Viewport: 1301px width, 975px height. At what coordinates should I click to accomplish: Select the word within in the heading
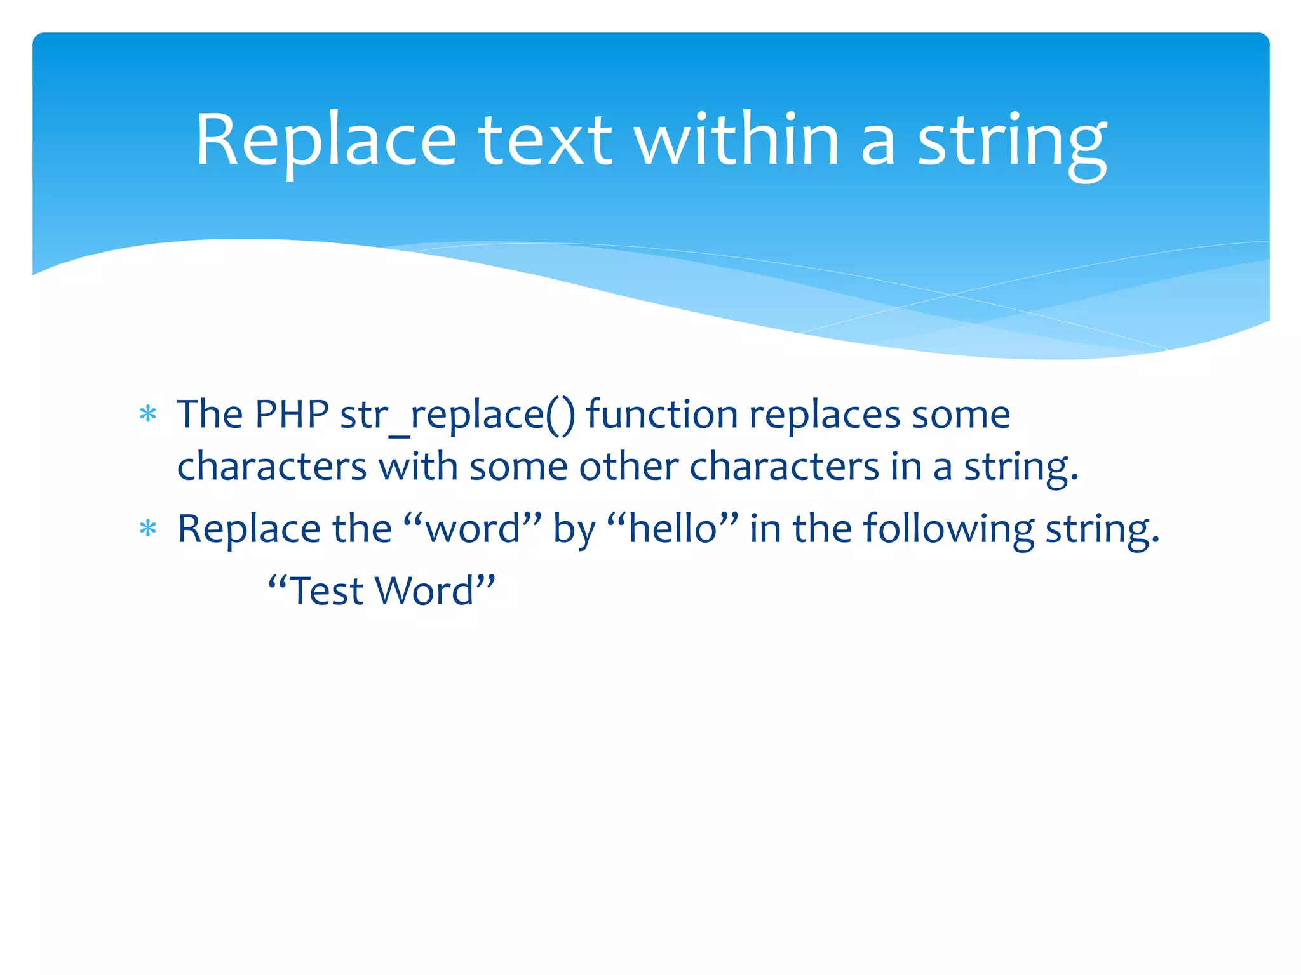tap(737, 141)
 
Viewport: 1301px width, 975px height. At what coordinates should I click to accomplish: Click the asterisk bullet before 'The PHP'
tap(148, 415)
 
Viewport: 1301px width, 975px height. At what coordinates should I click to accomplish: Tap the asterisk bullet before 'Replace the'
tap(148, 528)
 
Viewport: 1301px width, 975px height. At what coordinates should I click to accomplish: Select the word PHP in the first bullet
tap(292, 415)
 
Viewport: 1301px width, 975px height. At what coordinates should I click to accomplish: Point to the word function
tap(661, 415)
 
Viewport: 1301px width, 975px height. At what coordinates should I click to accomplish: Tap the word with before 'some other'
tap(418, 467)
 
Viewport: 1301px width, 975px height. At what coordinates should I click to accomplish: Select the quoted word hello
tap(673, 528)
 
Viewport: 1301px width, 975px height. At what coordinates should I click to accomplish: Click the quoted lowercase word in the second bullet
tap(473, 528)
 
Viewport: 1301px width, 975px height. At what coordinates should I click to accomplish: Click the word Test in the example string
tap(327, 591)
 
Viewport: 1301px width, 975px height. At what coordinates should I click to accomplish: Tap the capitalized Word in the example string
tap(425, 591)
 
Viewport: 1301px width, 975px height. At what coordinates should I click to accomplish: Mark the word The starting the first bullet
tap(210, 415)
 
